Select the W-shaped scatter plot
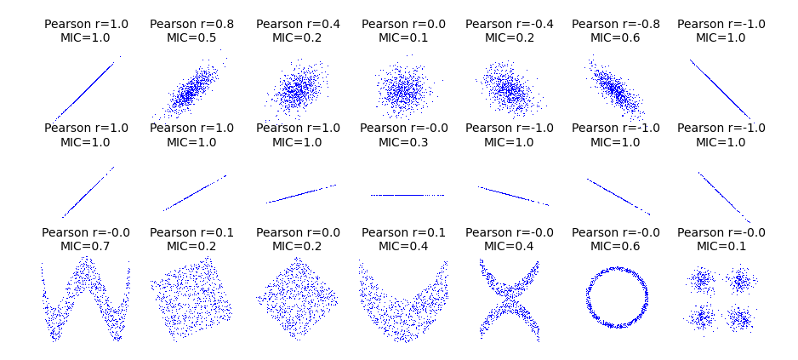point(85,298)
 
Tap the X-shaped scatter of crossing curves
point(509,300)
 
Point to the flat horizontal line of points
point(407,195)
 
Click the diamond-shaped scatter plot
point(297,298)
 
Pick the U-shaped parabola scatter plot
point(403,302)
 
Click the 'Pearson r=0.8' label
point(191,24)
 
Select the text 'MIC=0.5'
point(191,37)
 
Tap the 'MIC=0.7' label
point(85,246)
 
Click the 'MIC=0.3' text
point(403,142)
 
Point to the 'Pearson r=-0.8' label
point(615,24)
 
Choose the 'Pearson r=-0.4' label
point(509,24)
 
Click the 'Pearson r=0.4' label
point(297,24)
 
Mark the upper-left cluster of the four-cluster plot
point(703,279)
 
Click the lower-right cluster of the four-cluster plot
point(740,318)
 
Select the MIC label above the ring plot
point(615,246)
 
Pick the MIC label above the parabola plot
point(403,246)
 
